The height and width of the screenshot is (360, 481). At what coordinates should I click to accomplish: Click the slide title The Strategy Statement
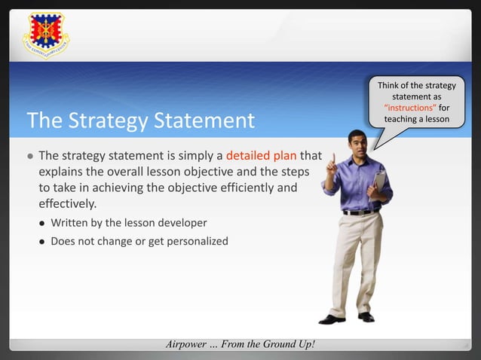140,121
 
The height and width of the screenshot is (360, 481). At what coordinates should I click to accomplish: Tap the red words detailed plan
262,157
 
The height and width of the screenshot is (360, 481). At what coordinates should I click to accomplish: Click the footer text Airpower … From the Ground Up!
240,344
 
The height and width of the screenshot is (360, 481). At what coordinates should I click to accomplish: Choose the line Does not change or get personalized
139,242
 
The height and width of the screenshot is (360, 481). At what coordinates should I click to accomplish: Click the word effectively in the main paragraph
67,203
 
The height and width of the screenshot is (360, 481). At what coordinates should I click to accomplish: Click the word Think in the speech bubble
390,87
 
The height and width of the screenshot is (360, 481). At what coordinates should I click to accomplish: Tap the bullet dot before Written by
43,224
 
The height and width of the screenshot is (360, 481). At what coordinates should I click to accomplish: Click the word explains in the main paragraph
60,172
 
